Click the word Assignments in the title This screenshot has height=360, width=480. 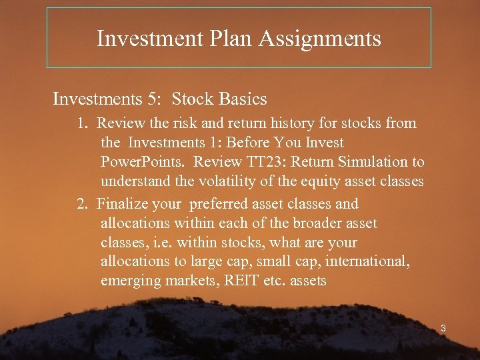[319, 39]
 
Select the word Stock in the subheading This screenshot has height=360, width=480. [193, 99]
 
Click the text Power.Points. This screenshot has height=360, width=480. [144, 162]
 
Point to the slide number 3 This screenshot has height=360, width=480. [442, 328]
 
